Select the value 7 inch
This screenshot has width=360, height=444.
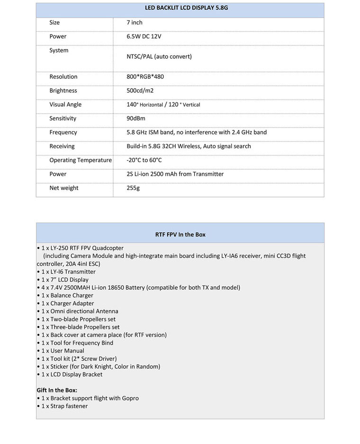pyautogui.click(x=135, y=23)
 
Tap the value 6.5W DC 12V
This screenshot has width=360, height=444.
pyautogui.click(x=144, y=36)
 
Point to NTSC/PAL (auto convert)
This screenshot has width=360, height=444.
pyautogui.click(x=159, y=56)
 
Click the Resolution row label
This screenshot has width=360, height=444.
pyautogui.click(x=63, y=77)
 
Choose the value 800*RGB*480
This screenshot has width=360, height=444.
pyautogui.click(x=145, y=77)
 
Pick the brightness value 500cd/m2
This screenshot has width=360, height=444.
pyautogui.click(x=140, y=91)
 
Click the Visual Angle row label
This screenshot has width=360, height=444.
pyautogui.click(x=65, y=105)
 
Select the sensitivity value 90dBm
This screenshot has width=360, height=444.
pyautogui.click(x=136, y=118)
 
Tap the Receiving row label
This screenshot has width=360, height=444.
pyautogui.click(x=62, y=146)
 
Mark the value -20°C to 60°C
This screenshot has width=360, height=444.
pyautogui.click(x=144, y=160)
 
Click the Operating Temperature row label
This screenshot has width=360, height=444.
pyautogui.click(x=81, y=160)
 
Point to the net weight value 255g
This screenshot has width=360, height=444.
pyautogui.click(x=134, y=188)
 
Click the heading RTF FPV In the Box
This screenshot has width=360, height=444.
pyautogui.click(x=180, y=235)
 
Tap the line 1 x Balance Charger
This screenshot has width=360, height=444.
pyautogui.click(x=65, y=296)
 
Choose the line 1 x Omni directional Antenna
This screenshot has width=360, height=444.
pyautogui.click(x=78, y=311)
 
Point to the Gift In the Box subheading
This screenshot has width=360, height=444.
pyautogui.click(x=57, y=390)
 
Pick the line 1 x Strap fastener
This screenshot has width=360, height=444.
pyautogui.click(x=63, y=406)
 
